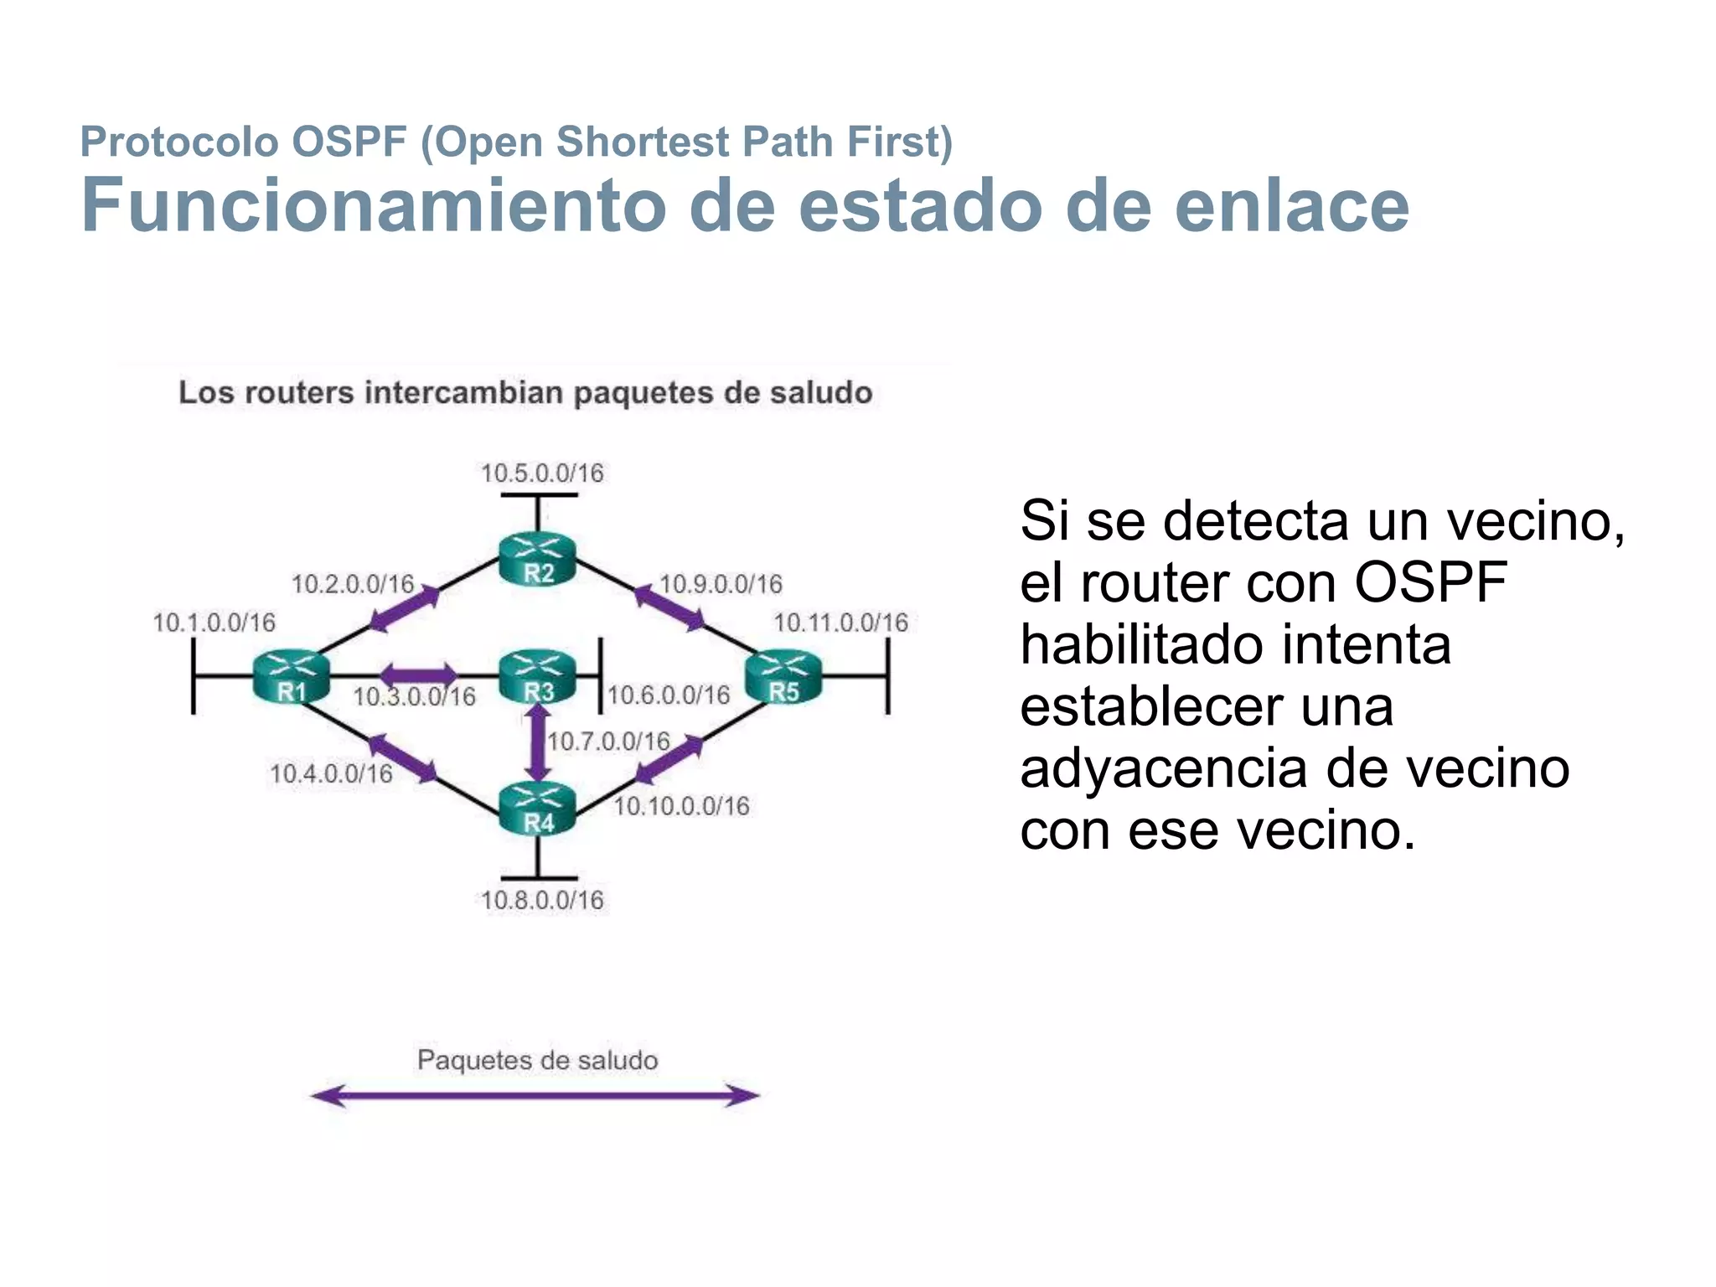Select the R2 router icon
[537, 559]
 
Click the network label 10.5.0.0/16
[542, 473]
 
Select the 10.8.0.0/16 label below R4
[542, 901]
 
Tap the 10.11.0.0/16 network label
[840, 623]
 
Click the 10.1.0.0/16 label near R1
[214, 623]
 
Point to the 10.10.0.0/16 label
[681, 807]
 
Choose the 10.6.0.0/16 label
[669, 695]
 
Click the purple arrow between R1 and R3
[419, 675]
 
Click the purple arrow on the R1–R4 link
[403, 758]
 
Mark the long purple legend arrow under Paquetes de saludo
[535, 1095]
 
